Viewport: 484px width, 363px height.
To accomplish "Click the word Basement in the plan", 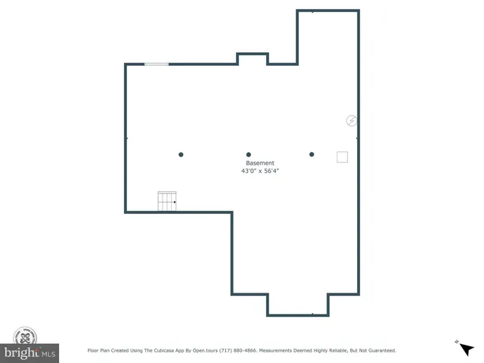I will pyautogui.click(x=260, y=163).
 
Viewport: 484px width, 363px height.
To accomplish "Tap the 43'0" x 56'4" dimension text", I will pyautogui.click(x=260, y=172).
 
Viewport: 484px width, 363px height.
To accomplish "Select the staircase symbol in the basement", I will pyautogui.click(x=166, y=202).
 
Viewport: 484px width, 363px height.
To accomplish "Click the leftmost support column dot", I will pyautogui.click(x=181, y=155).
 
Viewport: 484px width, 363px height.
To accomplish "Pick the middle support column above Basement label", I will pyautogui.click(x=248, y=155).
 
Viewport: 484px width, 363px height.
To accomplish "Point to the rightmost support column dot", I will pyautogui.click(x=312, y=155).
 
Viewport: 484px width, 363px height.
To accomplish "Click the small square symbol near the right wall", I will pyautogui.click(x=342, y=157).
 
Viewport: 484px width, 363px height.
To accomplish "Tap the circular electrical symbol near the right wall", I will pyautogui.click(x=351, y=120).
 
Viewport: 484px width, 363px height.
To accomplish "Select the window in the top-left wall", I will pyautogui.click(x=157, y=64).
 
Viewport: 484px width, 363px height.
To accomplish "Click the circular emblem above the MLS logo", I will pyautogui.click(x=26, y=337).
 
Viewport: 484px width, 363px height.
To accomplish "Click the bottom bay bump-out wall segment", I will pyautogui.click(x=297, y=315).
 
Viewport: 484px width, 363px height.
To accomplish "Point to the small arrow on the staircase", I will pyautogui.click(x=175, y=202).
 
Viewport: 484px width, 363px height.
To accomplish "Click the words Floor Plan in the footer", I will pyautogui.click(x=101, y=351).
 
